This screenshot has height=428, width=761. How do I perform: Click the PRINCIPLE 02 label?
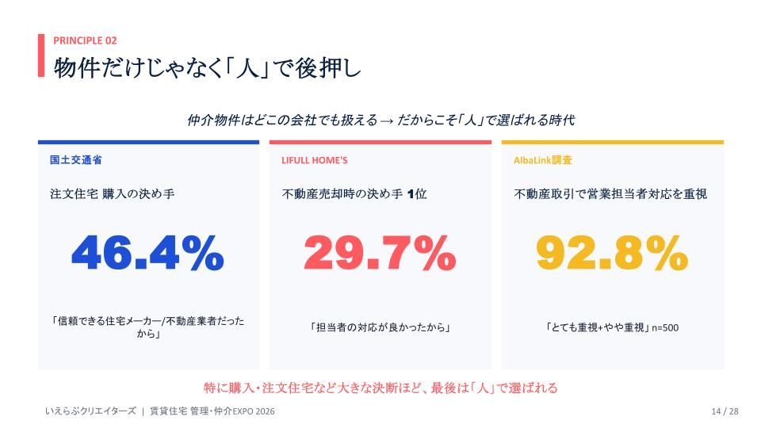pyautogui.click(x=85, y=40)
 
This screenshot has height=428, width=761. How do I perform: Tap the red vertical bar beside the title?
pyautogui.click(x=41, y=55)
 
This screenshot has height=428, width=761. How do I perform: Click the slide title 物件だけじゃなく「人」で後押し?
pyautogui.click(x=207, y=67)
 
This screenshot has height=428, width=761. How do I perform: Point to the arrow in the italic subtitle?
pyautogui.click(x=387, y=120)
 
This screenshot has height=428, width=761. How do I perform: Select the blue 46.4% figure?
pyautogui.click(x=147, y=253)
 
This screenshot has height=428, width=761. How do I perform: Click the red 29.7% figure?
pyautogui.click(x=380, y=253)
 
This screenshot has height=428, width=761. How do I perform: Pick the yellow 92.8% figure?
pyautogui.click(x=612, y=253)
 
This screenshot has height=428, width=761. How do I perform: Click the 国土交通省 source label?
pyautogui.click(x=76, y=160)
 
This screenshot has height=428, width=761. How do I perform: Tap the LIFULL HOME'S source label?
pyautogui.click(x=315, y=160)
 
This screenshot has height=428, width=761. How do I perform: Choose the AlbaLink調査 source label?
pyautogui.click(x=542, y=160)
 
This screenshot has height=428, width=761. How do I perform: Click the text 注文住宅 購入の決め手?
pyautogui.click(x=112, y=194)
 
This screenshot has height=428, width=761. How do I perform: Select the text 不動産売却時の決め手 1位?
pyautogui.click(x=354, y=194)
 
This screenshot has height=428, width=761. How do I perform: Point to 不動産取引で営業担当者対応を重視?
pyautogui.click(x=610, y=194)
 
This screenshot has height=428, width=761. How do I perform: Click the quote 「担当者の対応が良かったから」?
pyautogui.click(x=380, y=327)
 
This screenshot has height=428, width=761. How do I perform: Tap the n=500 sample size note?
pyautogui.click(x=665, y=328)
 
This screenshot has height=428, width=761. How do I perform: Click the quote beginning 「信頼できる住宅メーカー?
pyautogui.click(x=148, y=327)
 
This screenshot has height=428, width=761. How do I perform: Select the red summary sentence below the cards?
pyautogui.click(x=380, y=388)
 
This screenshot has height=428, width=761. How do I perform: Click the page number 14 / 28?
pyautogui.click(x=725, y=411)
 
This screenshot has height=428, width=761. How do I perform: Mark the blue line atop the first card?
pyautogui.click(x=148, y=142)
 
